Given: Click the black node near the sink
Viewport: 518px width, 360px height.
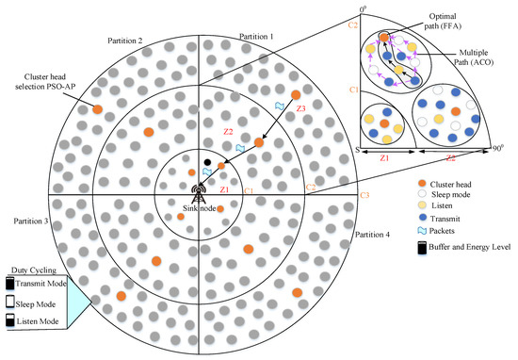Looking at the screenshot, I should pyautogui.click(x=207, y=163).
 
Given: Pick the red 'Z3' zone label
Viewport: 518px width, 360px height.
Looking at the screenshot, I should pyautogui.click(x=300, y=109).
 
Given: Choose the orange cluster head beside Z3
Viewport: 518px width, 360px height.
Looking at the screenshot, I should pyautogui.click(x=296, y=95).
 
